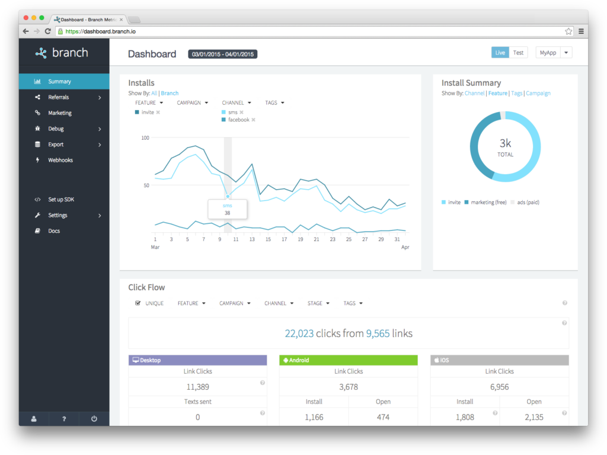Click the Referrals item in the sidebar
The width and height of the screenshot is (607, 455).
coord(59,97)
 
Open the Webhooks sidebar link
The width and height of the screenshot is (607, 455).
coord(60,160)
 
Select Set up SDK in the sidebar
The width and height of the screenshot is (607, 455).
coord(61,200)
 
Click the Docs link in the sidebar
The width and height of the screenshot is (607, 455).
coord(54,231)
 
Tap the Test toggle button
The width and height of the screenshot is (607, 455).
coord(518,53)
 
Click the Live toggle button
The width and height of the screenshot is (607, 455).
coord(500,53)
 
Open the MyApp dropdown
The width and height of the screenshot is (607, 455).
coord(553,53)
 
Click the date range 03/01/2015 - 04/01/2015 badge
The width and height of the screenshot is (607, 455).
coord(222,55)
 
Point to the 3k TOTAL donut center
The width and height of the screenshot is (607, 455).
coord(505,146)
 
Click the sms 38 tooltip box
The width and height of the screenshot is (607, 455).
coord(227,209)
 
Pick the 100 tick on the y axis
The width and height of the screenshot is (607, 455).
coord(145,137)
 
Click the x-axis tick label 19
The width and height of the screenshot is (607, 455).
coord(301,239)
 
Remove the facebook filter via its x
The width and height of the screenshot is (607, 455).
coord(253,120)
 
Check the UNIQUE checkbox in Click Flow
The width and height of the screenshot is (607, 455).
coord(138,303)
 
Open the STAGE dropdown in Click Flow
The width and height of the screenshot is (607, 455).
coord(318,303)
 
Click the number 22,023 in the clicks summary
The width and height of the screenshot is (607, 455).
coord(299,334)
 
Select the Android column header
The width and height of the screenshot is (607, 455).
coord(348,360)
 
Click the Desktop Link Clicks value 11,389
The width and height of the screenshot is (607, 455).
coord(197,387)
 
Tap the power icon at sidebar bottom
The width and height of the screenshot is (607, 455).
coord(94,419)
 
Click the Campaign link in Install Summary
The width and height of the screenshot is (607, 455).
coord(538,93)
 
